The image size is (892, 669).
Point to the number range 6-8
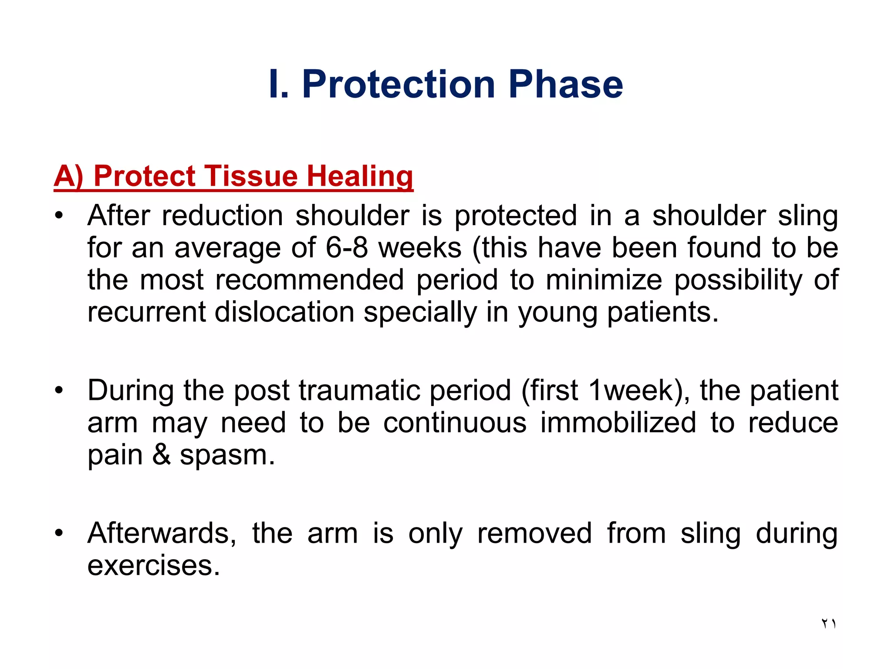point(346,248)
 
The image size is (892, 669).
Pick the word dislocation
point(284,312)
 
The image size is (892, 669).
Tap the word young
point(557,313)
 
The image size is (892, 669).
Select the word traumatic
point(359,390)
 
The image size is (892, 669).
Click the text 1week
point(631,390)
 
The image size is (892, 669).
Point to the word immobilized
point(618,422)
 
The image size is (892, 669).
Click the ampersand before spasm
point(161,455)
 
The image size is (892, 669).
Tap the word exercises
point(154,565)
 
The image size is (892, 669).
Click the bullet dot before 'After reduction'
point(59,216)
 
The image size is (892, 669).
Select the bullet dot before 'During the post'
point(59,390)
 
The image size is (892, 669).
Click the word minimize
point(604,280)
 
